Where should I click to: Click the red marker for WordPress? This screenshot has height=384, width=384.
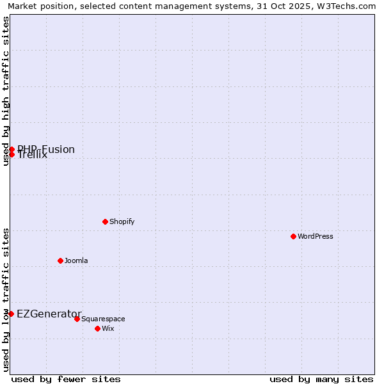coord(293,236)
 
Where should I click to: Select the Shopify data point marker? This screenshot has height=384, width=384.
coord(105,221)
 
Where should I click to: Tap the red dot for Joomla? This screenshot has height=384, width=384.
coord(60,260)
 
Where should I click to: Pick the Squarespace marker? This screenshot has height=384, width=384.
coord(77,319)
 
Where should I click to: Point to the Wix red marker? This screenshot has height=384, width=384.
coord(97,328)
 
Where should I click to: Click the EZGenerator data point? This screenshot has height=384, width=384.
coord(11,314)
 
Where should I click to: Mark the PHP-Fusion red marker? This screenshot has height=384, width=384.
coord(12,149)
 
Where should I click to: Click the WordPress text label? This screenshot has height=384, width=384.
coord(316,236)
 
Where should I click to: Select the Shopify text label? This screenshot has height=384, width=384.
coord(122,221)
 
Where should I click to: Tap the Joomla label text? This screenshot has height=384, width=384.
coord(76,260)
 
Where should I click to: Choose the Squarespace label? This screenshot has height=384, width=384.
coord(103,319)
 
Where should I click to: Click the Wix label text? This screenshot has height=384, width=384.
coord(108,328)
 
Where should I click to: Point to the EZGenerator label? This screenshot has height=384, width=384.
coord(49,314)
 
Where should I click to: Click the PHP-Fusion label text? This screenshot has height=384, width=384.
coord(46,149)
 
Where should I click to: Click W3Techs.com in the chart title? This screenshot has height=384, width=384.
coord(347,6)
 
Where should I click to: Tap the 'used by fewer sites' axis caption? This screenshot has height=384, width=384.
coord(66,379)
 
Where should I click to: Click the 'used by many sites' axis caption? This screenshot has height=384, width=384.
coord(321,379)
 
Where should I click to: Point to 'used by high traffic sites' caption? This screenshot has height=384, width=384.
coord(6,91)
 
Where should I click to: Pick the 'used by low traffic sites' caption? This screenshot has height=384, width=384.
coord(6,299)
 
